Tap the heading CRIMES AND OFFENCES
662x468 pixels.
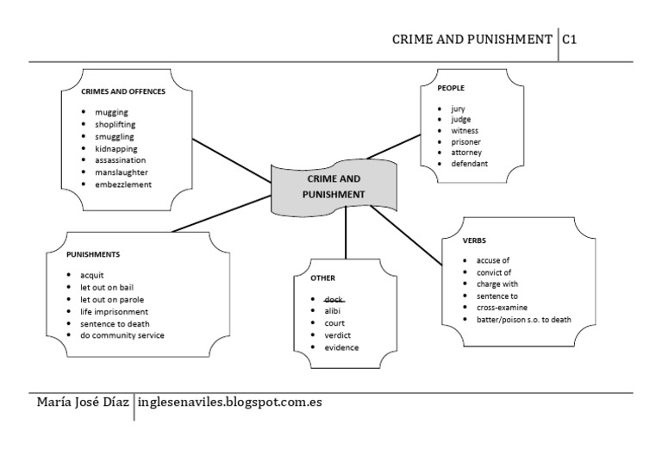122,91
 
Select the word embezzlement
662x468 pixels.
123,184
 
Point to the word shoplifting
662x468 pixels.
116,124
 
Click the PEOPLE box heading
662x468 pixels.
451,88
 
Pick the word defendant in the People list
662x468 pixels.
469,163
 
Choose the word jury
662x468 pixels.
458,109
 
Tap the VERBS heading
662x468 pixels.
475,240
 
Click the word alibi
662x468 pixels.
333,310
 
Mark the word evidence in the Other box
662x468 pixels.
340,347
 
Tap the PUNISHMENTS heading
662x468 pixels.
93,255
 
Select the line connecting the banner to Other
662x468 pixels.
346,235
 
